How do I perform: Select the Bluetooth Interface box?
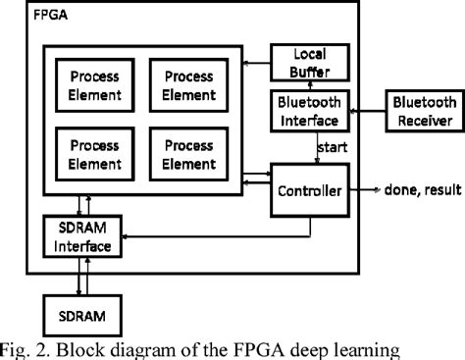(309, 112)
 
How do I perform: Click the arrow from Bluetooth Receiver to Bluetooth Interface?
(364, 112)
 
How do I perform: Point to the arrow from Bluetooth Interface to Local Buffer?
(309, 84)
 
